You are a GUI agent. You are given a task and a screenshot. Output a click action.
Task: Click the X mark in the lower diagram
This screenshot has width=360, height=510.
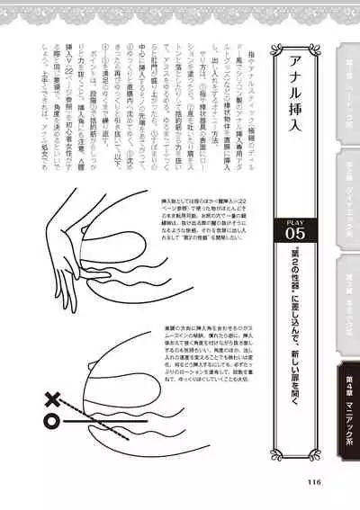tap(53, 396)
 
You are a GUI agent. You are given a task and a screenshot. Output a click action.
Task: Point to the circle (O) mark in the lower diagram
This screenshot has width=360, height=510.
tap(53, 418)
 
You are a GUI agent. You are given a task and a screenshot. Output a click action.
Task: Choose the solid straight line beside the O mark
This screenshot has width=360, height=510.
tap(108, 419)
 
